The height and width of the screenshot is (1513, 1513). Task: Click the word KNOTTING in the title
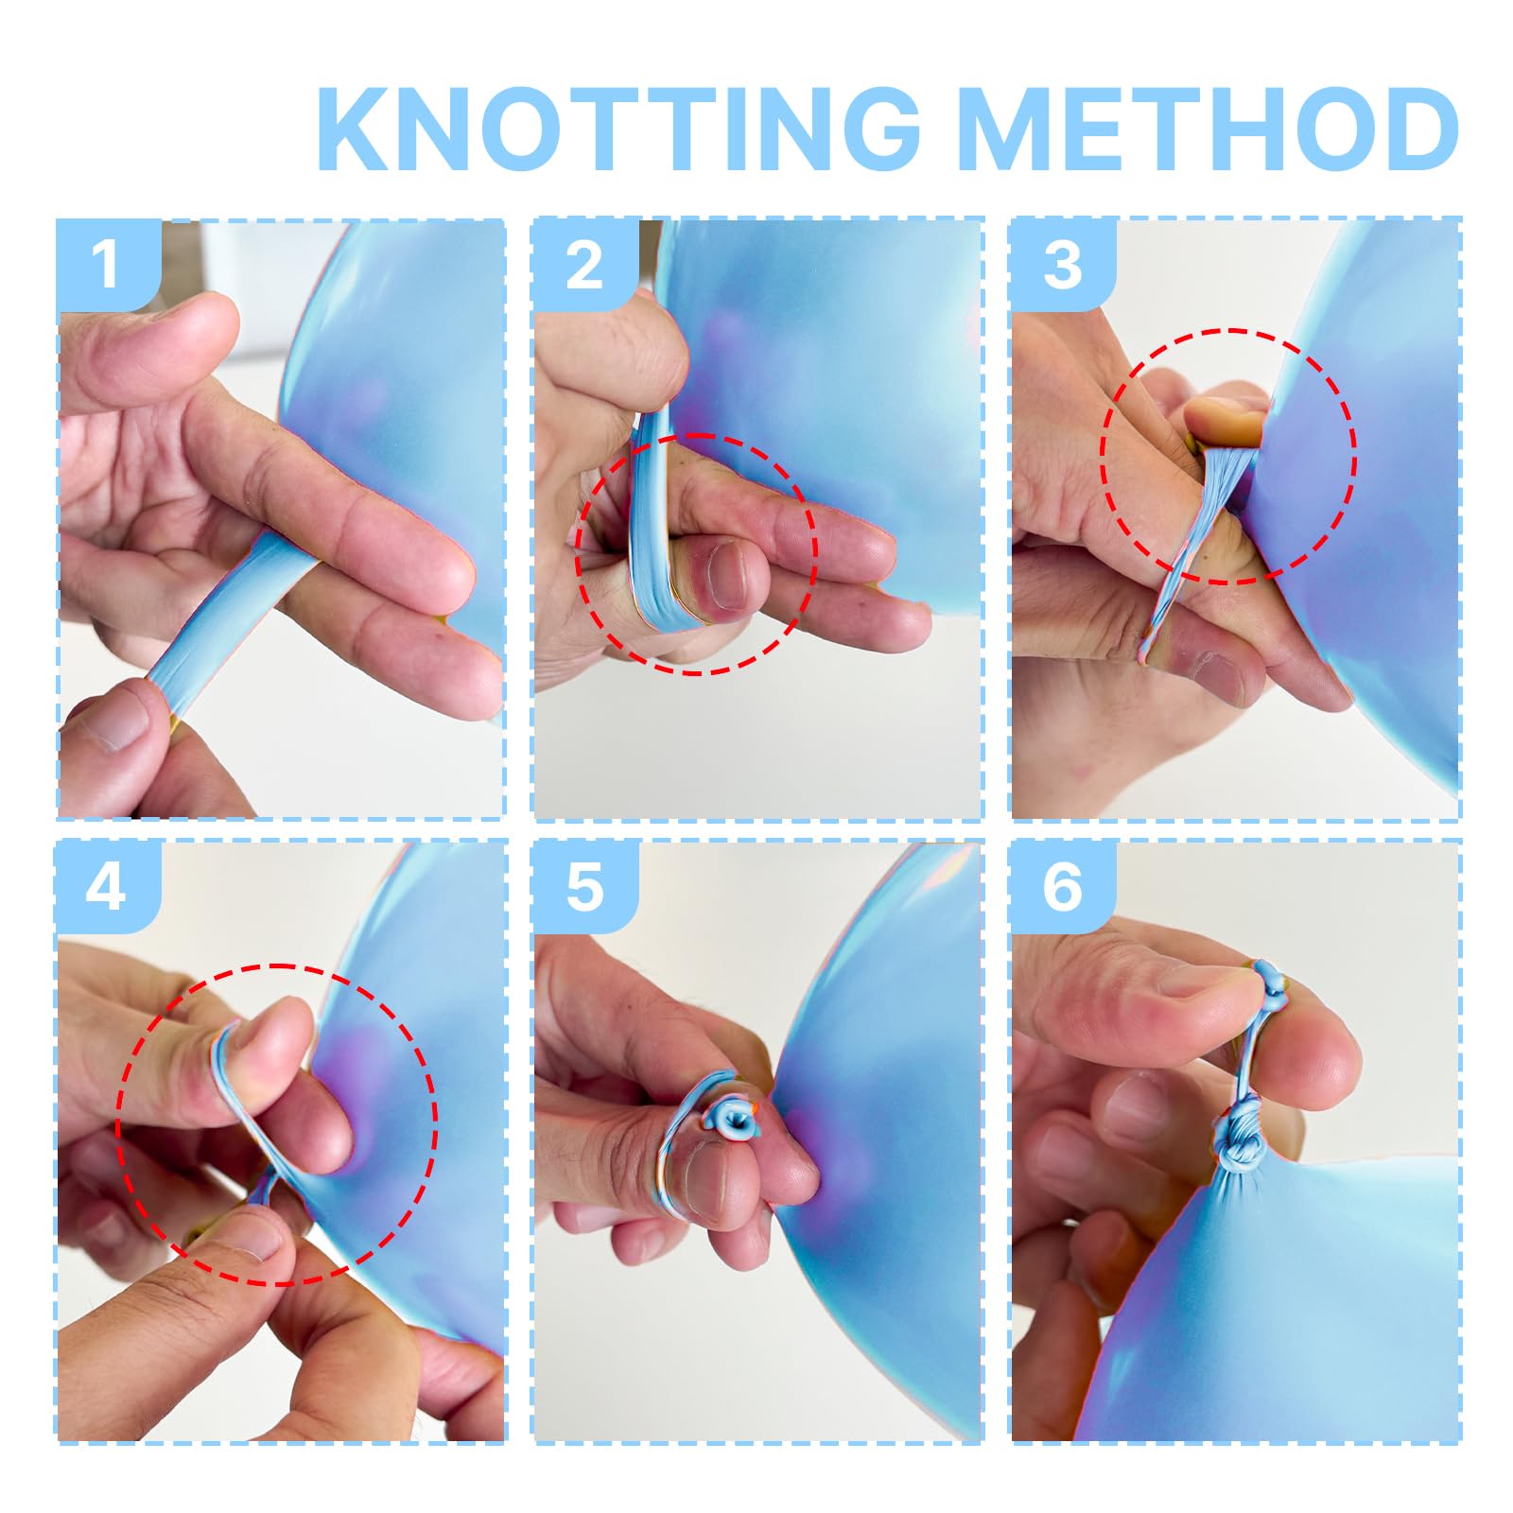click(619, 129)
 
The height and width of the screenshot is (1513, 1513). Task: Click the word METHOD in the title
click(1209, 129)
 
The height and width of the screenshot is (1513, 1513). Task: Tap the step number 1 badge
click(108, 265)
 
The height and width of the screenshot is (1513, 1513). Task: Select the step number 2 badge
click(585, 265)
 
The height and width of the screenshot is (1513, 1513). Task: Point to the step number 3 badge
click(1063, 265)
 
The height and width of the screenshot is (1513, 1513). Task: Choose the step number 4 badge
click(108, 887)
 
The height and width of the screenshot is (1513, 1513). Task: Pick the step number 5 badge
click(585, 887)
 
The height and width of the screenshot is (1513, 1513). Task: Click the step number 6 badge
click(1063, 887)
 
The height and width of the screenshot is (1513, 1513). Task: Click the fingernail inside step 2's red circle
click(726, 574)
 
